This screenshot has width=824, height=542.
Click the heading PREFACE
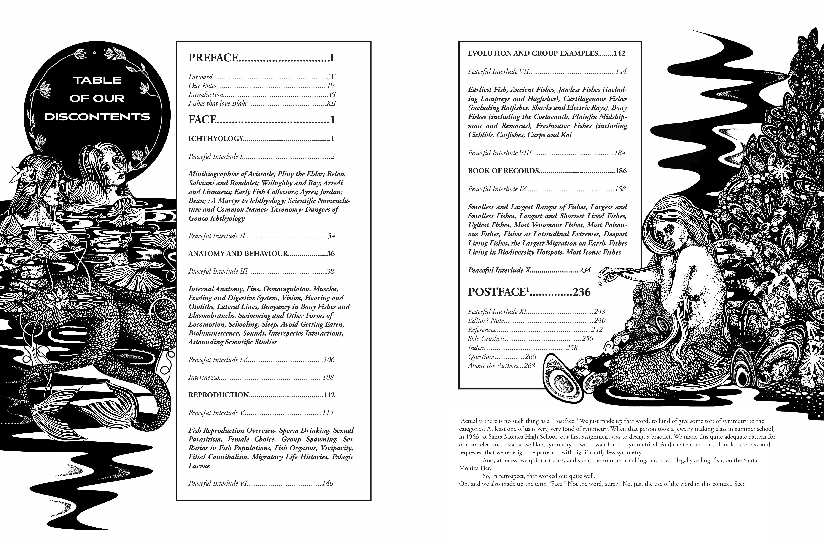pyautogui.click(x=213, y=57)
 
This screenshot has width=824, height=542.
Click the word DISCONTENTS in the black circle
pyautogui.click(x=97, y=117)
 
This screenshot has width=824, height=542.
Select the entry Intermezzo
pyautogui.click(x=204, y=377)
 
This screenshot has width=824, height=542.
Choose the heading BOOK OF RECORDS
pyautogui.click(x=503, y=171)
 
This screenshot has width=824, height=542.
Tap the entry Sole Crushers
pyautogui.click(x=486, y=339)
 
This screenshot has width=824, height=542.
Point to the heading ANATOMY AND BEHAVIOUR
pyautogui.click(x=238, y=254)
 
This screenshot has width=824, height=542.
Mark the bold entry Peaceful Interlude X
pyautogui.click(x=499, y=270)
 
